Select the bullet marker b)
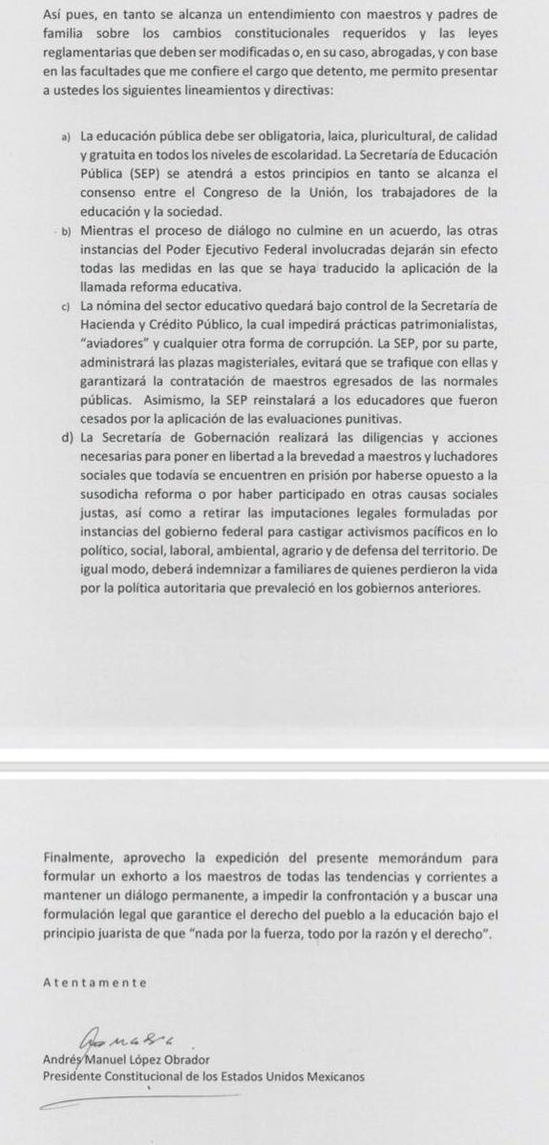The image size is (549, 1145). point(64,231)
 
